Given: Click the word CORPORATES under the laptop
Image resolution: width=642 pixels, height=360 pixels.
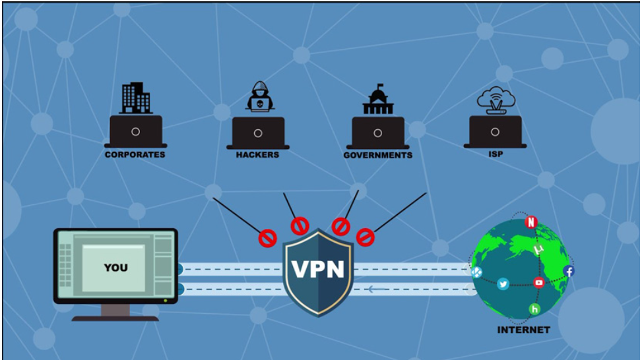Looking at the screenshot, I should tap(135, 155).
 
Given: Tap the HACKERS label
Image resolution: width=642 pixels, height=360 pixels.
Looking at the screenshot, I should tap(257, 155).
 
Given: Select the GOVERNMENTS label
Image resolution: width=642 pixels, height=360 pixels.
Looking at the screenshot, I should tap(377, 156).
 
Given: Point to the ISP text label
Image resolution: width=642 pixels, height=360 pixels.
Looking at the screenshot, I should tap(495, 154).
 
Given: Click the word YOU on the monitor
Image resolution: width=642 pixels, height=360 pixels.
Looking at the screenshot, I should tap(115, 268).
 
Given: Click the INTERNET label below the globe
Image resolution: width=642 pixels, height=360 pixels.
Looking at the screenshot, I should tap(523, 330).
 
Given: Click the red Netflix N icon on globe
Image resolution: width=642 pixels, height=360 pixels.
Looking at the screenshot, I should tap(531, 222).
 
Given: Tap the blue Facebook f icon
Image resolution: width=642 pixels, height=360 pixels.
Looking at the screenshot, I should tap(569, 271).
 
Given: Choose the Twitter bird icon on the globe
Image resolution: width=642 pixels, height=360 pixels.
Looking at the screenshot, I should tap(503, 284).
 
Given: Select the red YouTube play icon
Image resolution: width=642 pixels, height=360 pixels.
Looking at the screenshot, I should tap(539, 282).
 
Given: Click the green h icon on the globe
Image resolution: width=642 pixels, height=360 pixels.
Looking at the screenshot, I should tap(534, 309).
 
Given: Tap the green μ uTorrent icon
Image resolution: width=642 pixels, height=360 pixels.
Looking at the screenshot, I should tap(538, 250).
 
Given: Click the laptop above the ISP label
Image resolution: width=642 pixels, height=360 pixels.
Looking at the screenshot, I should tap(495, 131).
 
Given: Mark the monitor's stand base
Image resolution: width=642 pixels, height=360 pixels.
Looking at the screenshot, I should tap(115, 318).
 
